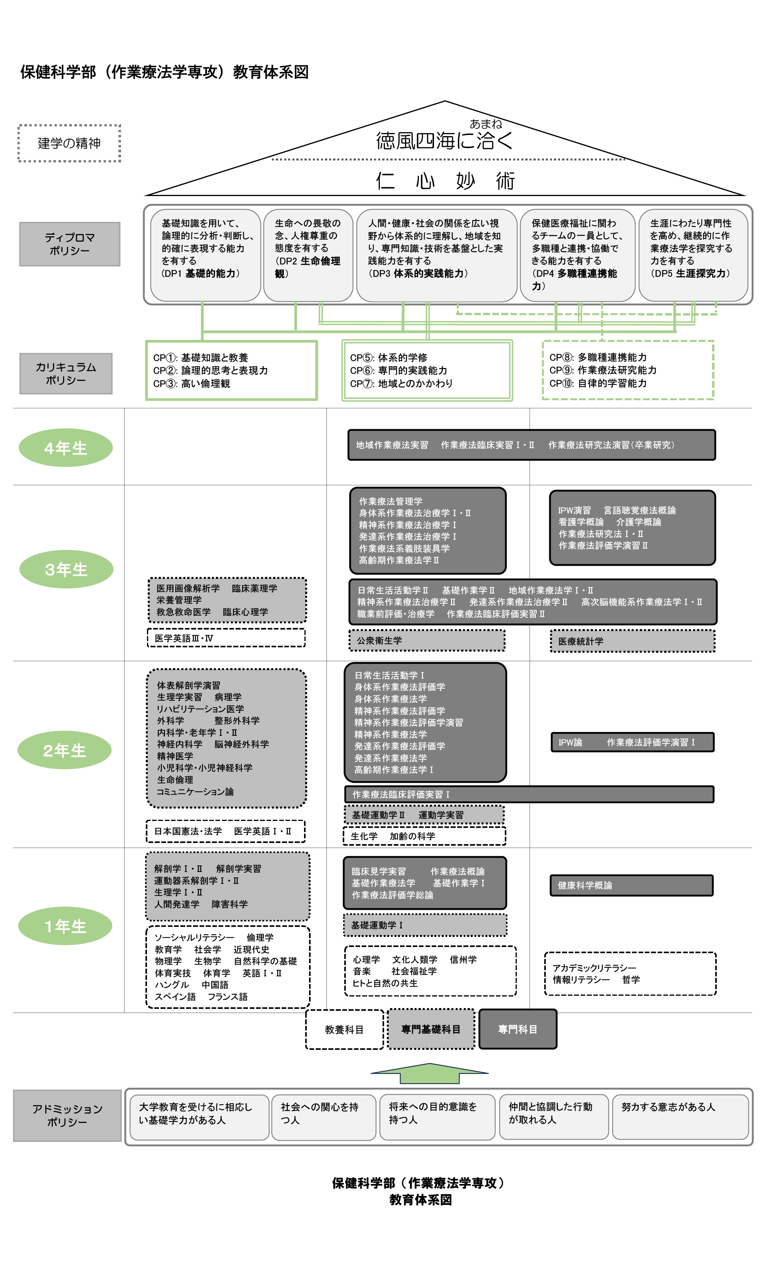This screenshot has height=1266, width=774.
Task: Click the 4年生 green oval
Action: coord(66,447)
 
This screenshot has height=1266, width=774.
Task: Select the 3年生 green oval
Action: coord(66,569)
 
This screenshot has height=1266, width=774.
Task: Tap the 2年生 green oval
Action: coord(65,750)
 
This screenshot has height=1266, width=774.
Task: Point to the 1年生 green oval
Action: coord(65,926)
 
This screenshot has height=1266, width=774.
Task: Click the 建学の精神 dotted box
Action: coord(69,143)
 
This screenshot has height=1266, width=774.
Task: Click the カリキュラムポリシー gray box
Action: coord(66,374)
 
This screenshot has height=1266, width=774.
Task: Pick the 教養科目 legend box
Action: coord(344,1030)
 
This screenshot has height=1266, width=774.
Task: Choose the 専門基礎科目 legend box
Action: coord(431,1029)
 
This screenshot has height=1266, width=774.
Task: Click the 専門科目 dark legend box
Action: coord(518,1029)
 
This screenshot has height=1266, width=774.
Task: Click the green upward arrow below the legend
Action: coord(430,1073)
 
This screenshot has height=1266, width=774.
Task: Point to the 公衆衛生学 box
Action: coord(427,641)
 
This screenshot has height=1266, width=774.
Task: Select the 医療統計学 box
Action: coord(632,641)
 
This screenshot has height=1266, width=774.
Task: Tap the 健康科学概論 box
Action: coord(632,885)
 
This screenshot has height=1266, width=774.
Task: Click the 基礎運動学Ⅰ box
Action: coord(424,925)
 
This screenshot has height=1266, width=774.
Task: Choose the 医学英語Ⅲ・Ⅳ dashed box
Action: coord(226,638)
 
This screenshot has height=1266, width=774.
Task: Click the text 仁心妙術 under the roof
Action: coord(445,181)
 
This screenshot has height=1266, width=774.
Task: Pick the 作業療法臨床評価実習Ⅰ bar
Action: coord(529,794)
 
